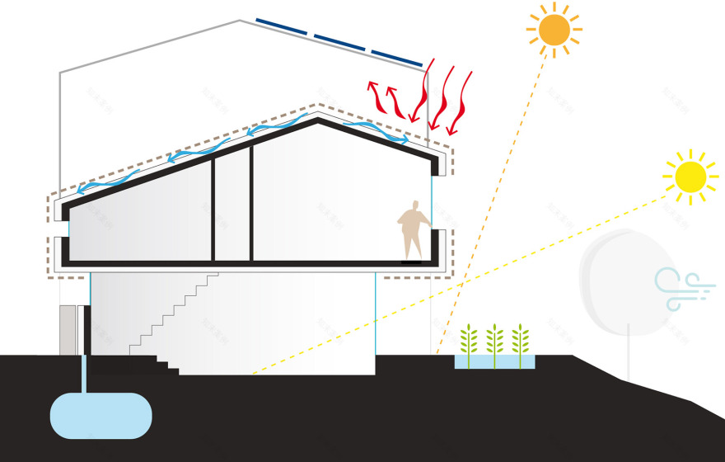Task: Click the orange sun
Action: pyautogui.click(x=554, y=30)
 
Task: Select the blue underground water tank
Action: pyautogui.click(x=101, y=414)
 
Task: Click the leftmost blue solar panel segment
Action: pyautogui.click(x=282, y=27)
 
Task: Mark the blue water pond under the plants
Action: pyautogui.click(x=494, y=361)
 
